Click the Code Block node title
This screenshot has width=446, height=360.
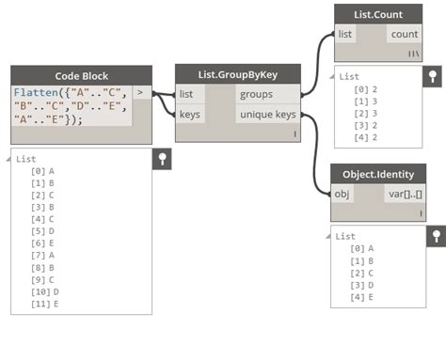(82, 75)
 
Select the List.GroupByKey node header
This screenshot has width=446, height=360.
(237, 75)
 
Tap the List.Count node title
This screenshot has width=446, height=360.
(376, 14)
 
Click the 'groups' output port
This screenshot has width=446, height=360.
(268, 94)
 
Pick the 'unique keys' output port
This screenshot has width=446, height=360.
(268, 114)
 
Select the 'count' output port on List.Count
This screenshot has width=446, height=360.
(404, 35)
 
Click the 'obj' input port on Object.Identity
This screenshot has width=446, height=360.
(342, 194)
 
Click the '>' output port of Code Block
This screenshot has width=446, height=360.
(140, 93)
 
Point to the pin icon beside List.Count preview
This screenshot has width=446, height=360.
(433, 76)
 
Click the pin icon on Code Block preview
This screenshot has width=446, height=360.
(162, 159)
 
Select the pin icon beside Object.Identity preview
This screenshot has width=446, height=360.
(433, 235)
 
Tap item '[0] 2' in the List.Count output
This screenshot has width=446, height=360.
(367, 87)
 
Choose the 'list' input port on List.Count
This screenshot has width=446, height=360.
(346, 35)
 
